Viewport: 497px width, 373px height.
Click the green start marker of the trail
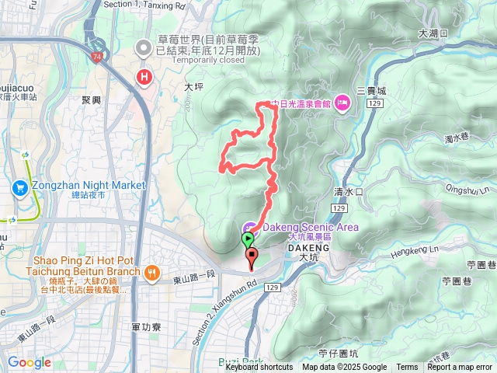pyautogui.click(x=248, y=238)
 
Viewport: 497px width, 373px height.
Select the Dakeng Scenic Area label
pyautogui.click(x=311, y=227)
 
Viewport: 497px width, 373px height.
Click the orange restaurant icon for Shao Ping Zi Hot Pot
pyautogui.click(x=151, y=271)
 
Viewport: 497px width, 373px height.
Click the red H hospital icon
pyautogui.click(x=144, y=76)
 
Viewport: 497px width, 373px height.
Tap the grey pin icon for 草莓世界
pyautogui.click(x=144, y=48)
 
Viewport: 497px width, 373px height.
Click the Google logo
pyautogui.click(x=29, y=362)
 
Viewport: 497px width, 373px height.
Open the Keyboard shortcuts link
pyautogui.click(x=259, y=368)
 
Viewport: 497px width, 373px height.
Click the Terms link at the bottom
pyautogui.click(x=407, y=368)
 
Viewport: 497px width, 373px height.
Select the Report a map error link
pyautogui.click(x=459, y=368)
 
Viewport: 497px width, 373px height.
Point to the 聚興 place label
pyautogui.click(x=91, y=100)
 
